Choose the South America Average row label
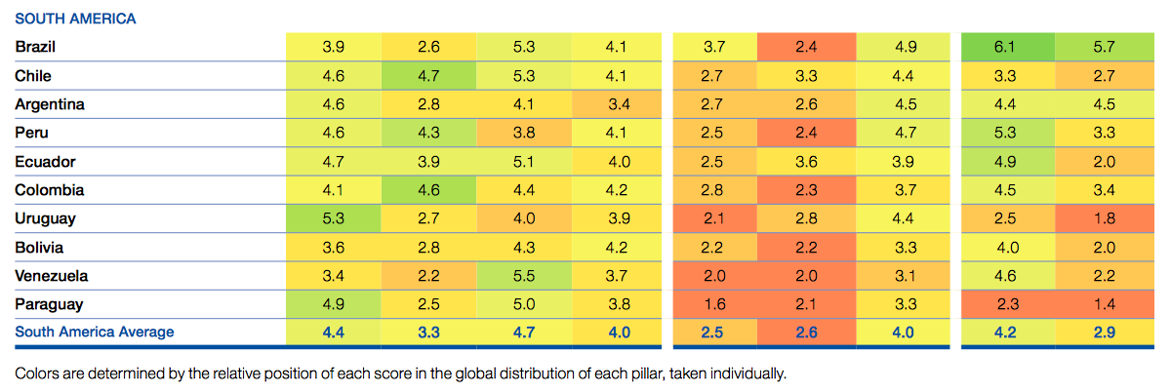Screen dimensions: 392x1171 [x=95, y=333]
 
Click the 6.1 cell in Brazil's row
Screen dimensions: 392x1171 [x=1010, y=47]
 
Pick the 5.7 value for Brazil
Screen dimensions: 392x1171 [x=1103, y=47]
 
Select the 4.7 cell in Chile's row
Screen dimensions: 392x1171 [x=427, y=76]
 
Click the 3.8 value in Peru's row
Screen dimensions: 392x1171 [x=523, y=133]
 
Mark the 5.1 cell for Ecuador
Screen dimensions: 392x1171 [x=523, y=162]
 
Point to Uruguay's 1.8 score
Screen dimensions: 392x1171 [x=1103, y=218]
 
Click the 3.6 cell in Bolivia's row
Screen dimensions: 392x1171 [x=332, y=248]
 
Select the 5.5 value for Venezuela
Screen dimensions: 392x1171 [x=523, y=276]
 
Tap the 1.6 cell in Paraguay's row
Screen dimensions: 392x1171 [x=713, y=304]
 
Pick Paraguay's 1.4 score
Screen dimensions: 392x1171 [x=1103, y=304]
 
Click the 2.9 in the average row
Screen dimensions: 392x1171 [x=1103, y=333]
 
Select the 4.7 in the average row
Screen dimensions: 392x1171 [x=523, y=333]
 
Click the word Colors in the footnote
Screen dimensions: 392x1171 [x=37, y=372]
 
